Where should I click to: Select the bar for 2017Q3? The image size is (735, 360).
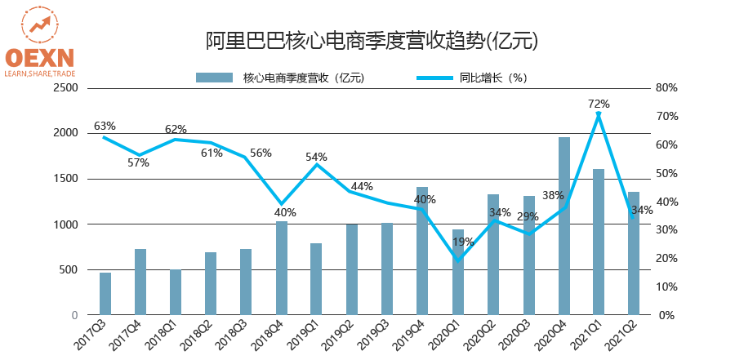pyautogui.click(x=105, y=294)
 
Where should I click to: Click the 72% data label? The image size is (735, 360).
pyautogui.click(x=599, y=104)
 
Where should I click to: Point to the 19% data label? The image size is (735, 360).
pyautogui.click(x=463, y=242)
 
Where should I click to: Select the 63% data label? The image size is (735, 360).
pyautogui.click(x=105, y=126)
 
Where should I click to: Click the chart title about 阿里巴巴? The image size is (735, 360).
pyautogui.click(x=371, y=40)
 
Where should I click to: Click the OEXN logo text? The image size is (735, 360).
pyautogui.click(x=38, y=56)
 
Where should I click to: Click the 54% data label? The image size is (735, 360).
pyautogui.click(x=317, y=157)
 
